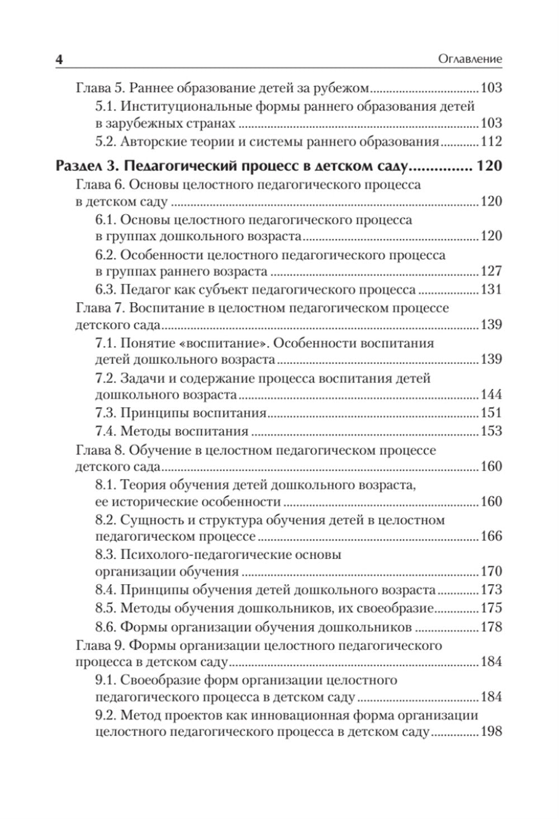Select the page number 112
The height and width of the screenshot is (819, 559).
(491, 141)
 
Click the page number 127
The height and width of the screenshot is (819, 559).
(491, 272)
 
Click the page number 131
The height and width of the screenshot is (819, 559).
(491, 290)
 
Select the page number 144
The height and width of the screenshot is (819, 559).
(491, 395)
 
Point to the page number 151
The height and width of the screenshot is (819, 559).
(491, 413)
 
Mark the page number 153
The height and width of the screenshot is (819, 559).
(491, 431)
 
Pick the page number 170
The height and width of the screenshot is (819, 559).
(491, 572)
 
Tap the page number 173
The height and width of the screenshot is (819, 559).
(491, 590)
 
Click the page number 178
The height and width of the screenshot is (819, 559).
(491, 627)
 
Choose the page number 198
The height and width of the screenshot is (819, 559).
(491, 732)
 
